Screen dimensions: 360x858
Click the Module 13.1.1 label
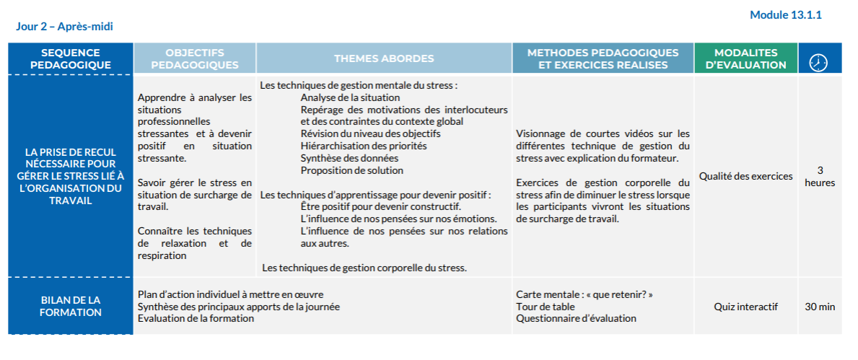point(786,14)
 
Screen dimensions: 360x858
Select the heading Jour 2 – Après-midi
point(64,27)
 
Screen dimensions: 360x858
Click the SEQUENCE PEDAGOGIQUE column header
point(71,58)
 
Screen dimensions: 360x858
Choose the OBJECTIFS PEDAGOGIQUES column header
point(194,58)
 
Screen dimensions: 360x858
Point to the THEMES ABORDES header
point(384,58)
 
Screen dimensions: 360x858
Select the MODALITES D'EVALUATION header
point(745,58)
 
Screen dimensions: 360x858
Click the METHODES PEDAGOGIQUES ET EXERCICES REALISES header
point(603,58)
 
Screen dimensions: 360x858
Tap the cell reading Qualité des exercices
point(745,176)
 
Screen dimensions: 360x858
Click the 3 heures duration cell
point(820,176)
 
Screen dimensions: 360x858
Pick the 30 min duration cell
point(820,307)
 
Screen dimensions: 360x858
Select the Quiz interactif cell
point(745,307)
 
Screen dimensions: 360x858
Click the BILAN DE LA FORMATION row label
point(71,306)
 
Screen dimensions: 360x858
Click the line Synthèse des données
point(349,158)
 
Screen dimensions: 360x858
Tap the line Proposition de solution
point(352,170)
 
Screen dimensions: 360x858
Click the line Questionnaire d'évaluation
point(576,318)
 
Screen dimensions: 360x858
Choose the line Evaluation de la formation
point(196,318)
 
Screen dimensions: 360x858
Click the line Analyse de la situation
point(350,97)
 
